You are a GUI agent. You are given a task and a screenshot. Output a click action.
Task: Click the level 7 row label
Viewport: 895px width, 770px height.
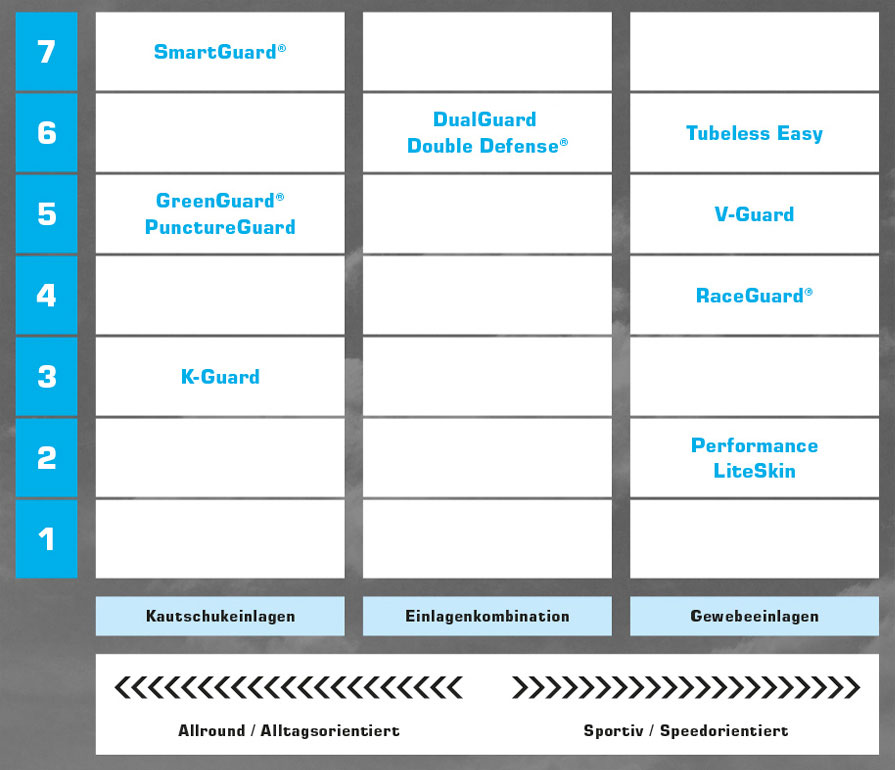(46, 51)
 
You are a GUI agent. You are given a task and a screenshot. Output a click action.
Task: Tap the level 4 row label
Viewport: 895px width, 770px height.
(46, 295)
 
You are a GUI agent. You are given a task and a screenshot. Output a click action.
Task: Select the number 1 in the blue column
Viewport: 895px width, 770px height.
(46, 539)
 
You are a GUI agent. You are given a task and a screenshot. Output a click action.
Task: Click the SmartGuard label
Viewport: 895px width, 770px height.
(220, 51)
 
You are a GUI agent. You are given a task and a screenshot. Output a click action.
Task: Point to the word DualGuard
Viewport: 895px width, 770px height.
(485, 119)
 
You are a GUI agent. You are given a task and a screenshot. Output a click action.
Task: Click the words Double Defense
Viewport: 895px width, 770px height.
(487, 146)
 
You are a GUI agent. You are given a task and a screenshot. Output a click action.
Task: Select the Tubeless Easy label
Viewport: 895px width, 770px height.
(754, 133)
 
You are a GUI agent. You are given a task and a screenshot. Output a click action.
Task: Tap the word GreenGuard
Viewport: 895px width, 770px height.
(220, 200)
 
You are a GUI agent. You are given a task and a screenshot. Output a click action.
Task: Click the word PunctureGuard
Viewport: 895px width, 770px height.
(220, 227)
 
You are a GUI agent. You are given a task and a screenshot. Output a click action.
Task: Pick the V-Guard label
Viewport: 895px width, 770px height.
(754, 214)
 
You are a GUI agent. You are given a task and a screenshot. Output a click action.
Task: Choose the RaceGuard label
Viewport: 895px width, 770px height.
(754, 295)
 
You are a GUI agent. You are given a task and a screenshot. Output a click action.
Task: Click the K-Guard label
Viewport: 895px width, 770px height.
(220, 377)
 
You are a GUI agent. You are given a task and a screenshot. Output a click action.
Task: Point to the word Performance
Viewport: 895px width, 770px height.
(754, 445)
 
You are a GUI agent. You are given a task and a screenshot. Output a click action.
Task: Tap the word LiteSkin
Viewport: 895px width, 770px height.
(754, 471)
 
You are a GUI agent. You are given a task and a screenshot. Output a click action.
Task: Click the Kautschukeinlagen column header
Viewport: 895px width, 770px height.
(220, 616)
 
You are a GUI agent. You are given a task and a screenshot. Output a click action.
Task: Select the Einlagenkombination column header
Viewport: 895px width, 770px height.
(487, 616)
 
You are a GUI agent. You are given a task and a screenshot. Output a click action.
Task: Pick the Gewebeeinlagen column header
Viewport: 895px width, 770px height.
(755, 616)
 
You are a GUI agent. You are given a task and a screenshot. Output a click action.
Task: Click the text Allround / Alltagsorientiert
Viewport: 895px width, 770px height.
(289, 731)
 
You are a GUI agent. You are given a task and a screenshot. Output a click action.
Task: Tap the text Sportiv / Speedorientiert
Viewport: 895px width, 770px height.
(686, 731)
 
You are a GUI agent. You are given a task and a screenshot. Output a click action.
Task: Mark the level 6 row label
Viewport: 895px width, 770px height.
(46, 132)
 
